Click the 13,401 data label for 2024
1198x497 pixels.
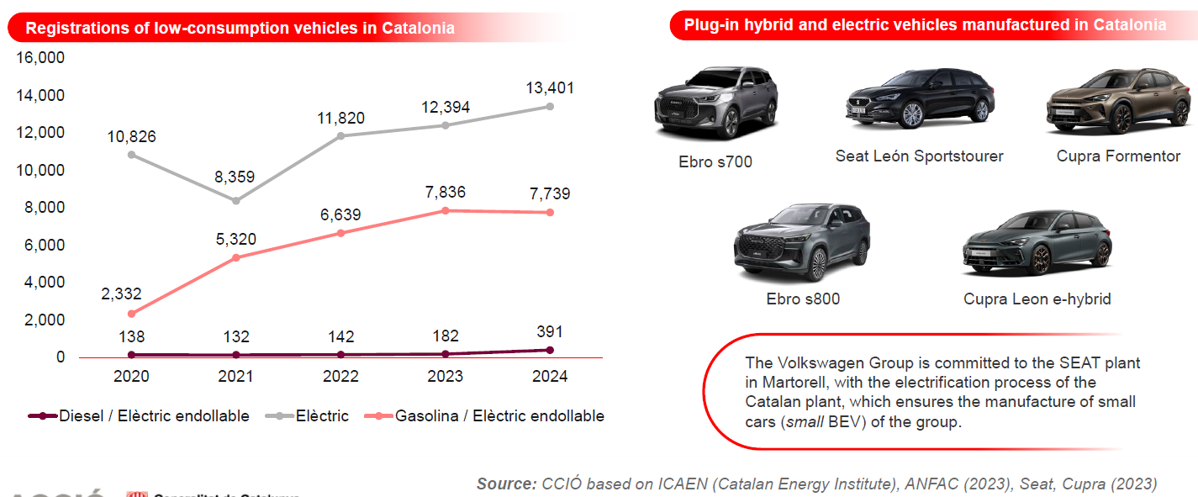coord(549,87)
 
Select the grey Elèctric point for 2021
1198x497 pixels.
coord(236,200)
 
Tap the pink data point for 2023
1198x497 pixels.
coord(445,210)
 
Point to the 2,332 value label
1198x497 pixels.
coord(132,293)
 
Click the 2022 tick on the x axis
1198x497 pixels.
coord(340,376)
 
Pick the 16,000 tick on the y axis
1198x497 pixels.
coord(40,58)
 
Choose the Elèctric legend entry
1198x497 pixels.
coord(319,415)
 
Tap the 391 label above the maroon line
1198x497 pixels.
coord(549,331)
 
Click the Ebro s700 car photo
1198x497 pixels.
coord(715,102)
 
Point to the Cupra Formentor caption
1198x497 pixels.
coord(1118,156)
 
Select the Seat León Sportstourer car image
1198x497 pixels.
coord(920,99)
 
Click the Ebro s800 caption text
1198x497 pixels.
coord(803,299)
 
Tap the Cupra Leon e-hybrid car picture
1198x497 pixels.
coord(1037,244)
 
